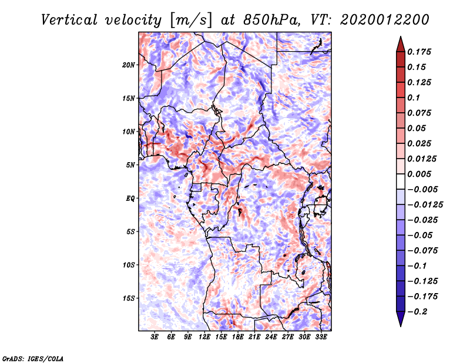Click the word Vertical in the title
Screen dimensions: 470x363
69,20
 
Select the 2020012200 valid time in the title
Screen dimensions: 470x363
385,20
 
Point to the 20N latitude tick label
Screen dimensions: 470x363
129,65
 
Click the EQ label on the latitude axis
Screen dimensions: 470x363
130,199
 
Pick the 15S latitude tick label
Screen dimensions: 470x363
129,298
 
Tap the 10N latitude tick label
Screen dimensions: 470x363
129,132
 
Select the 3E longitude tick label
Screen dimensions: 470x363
155,337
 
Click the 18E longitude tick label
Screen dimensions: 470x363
238,337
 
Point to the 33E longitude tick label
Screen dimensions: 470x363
321,337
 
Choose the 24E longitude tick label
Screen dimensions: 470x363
271,337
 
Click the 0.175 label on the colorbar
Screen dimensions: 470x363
419,52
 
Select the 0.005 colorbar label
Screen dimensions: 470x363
419,174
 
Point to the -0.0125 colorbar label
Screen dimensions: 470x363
425,205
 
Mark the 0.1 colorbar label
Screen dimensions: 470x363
414,98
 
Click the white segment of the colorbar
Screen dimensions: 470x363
401,181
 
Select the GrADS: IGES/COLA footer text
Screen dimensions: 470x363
33,358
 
